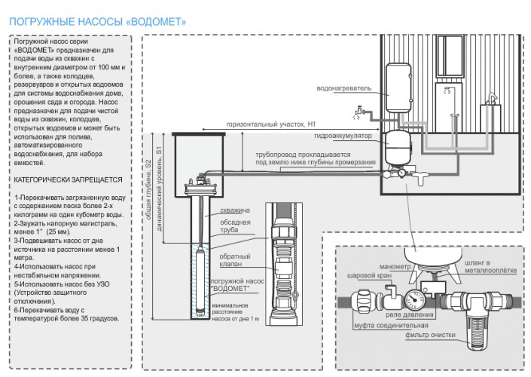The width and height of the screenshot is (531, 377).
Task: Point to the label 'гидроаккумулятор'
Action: point(346,138)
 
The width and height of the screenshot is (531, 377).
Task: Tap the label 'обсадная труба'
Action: point(236,227)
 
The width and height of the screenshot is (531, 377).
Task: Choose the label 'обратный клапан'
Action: point(236,261)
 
